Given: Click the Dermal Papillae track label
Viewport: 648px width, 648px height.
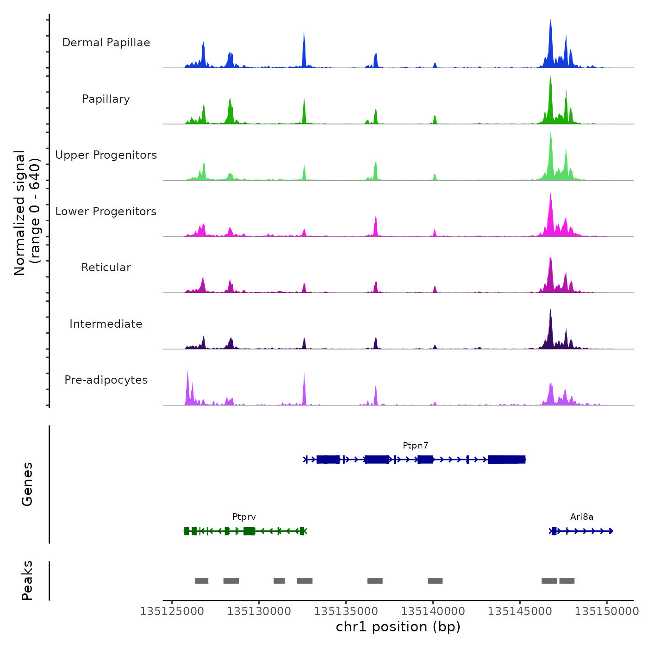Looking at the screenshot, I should (x=106, y=43).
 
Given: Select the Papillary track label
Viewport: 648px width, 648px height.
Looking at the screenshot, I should (x=106, y=99).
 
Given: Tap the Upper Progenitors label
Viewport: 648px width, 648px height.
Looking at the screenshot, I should (x=106, y=155).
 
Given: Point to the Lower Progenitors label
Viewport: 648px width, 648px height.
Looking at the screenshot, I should (x=106, y=212).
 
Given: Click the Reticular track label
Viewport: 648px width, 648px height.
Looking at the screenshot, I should (x=106, y=268).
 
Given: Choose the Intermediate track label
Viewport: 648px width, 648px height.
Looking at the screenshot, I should (x=106, y=324).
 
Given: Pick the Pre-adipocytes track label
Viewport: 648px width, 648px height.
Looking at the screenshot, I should (x=106, y=380).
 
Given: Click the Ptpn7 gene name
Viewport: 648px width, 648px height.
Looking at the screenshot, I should (x=415, y=446).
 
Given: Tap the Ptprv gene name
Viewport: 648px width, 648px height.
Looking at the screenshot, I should (x=244, y=517).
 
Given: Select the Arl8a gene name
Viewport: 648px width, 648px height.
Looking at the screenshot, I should (x=582, y=517).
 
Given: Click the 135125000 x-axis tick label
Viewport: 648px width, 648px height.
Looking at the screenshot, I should (x=172, y=611).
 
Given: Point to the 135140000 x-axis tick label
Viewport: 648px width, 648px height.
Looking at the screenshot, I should (x=433, y=611).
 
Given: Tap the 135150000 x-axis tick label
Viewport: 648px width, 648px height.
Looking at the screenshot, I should (x=607, y=611).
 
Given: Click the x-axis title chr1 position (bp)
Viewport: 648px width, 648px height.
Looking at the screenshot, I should (x=398, y=627).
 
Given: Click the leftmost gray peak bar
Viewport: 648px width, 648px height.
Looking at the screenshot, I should (x=201, y=581).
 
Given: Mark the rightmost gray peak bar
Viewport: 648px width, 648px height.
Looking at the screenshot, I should (x=567, y=581).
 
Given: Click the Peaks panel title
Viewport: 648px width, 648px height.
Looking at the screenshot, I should (x=27, y=580).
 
